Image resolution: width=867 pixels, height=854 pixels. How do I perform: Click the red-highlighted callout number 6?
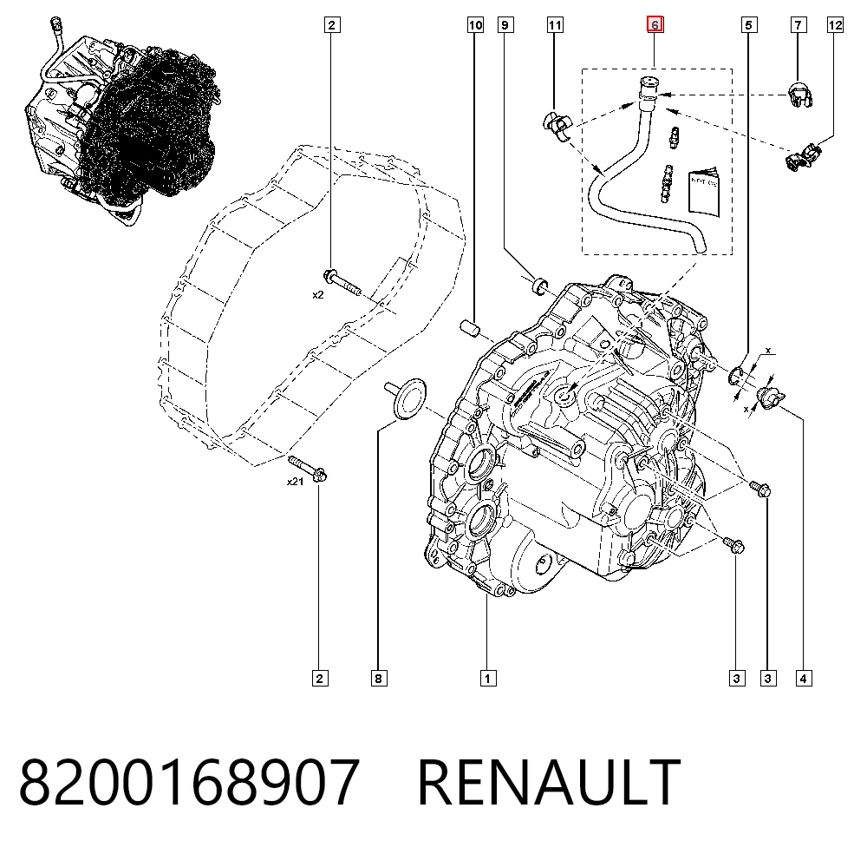coord(655,25)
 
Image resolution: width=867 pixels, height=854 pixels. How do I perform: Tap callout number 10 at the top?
coord(475,25)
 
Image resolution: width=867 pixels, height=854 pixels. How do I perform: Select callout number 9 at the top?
coord(505,25)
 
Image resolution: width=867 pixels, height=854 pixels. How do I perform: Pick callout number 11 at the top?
coord(555,25)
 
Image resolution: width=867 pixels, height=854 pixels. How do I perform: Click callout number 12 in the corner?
coord(835,25)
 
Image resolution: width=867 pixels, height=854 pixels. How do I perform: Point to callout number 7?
coord(798,25)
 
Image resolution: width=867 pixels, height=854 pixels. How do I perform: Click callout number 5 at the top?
coord(748,25)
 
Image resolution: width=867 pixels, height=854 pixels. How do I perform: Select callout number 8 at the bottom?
coord(379,678)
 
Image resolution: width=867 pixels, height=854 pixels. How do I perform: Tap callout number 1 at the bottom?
coord(487,678)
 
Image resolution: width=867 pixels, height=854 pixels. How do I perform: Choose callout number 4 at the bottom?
coord(804,678)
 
